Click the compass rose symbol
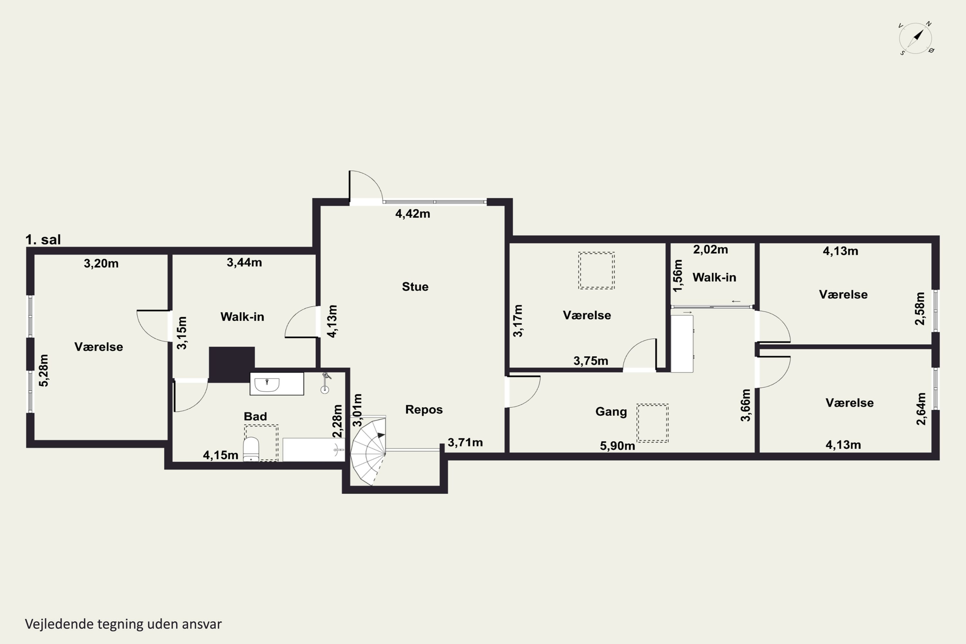[x=915, y=39]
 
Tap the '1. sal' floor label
[x=43, y=240]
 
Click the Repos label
[x=424, y=410]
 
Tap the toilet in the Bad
[x=251, y=449]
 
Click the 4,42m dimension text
[x=413, y=213]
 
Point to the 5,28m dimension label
[x=43, y=371]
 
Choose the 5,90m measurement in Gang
[x=617, y=446]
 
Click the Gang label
[x=611, y=412]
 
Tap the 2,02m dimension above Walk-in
[x=711, y=249]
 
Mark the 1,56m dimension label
[x=678, y=276]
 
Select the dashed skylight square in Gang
[x=653, y=423]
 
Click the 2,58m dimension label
[x=920, y=308]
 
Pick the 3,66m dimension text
[x=745, y=405]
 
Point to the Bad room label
[x=255, y=416]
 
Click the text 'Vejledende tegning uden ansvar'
[x=123, y=624]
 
